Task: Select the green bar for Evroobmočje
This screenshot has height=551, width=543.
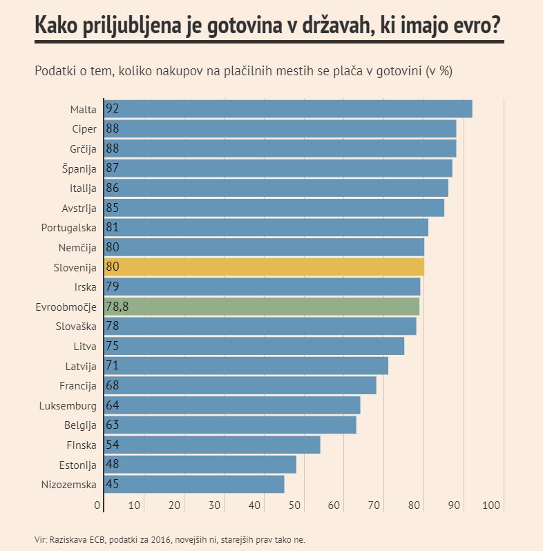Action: [262, 307]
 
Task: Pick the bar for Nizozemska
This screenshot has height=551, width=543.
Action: [194, 484]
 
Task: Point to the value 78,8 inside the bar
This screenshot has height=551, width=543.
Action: [117, 307]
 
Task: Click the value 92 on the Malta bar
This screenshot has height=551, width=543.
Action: [113, 108]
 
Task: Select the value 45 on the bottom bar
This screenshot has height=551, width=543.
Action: [113, 484]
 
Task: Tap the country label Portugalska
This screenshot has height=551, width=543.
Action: [68, 228]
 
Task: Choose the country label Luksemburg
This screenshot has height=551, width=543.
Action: [68, 406]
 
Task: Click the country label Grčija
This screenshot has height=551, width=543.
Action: [82, 148]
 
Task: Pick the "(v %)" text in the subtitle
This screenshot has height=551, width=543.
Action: [440, 71]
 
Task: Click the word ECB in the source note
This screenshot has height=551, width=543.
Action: [96, 539]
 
